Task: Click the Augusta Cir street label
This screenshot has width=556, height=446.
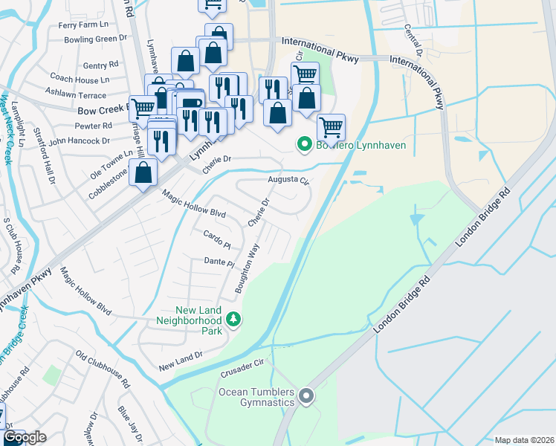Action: (x=288, y=180)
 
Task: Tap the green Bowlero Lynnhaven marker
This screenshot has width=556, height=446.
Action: (x=303, y=145)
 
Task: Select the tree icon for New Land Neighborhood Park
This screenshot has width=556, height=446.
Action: (x=234, y=319)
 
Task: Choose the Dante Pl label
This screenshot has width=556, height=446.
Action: (x=219, y=262)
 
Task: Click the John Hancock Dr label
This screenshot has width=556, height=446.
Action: (x=80, y=139)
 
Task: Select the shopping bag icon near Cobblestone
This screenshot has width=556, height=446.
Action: (x=143, y=173)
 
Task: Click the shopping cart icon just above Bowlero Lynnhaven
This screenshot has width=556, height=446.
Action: (x=331, y=127)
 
